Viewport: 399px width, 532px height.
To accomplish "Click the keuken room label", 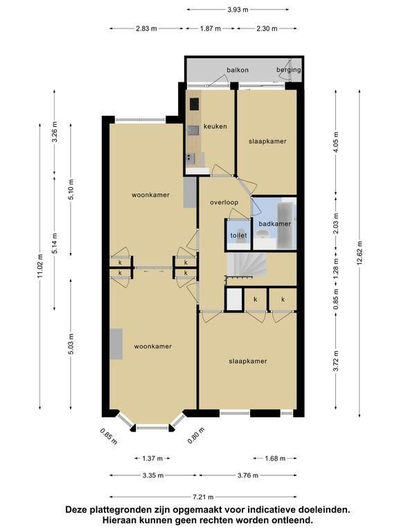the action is (x=215, y=126).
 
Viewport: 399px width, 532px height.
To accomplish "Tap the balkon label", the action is (x=238, y=70).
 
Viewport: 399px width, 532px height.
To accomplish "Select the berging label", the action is (x=289, y=70).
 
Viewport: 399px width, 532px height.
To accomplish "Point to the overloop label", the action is (x=224, y=202).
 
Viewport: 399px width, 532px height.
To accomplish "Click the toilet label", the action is (x=238, y=235).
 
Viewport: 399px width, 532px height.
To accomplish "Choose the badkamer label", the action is (x=275, y=224).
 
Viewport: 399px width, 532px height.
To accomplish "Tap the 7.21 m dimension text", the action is (x=203, y=497).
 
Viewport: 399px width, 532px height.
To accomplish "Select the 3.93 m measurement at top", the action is (x=238, y=10).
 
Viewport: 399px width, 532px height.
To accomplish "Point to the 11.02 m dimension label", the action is (x=40, y=266).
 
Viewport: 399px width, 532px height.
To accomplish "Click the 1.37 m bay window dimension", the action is (x=152, y=459).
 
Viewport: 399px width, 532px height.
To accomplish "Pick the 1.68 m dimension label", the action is (x=275, y=459).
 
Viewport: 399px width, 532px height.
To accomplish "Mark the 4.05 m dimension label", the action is (x=336, y=142).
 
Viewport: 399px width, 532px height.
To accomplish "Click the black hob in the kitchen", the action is (x=195, y=104).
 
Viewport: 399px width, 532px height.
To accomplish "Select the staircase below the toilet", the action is (x=246, y=265).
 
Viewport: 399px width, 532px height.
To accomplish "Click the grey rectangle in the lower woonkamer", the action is (x=116, y=344).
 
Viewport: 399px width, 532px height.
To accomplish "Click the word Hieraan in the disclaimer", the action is (x=121, y=520).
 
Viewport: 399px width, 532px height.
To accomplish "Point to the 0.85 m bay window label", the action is (x=109, y=436).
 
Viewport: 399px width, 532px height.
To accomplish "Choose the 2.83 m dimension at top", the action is (x=146, y=28).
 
